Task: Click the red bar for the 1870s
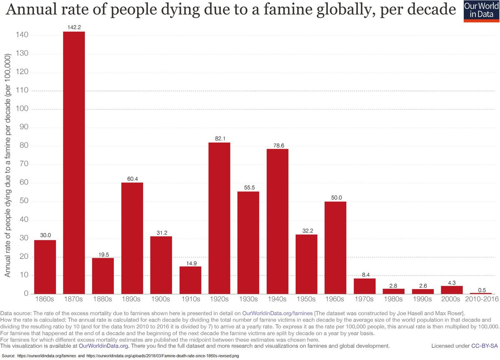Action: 74,162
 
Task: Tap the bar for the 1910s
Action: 190,280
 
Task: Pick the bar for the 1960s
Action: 335,247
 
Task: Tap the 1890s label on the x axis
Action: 132,299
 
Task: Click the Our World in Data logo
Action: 481,11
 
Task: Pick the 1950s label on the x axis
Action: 307,299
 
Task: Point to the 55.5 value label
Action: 248,188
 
